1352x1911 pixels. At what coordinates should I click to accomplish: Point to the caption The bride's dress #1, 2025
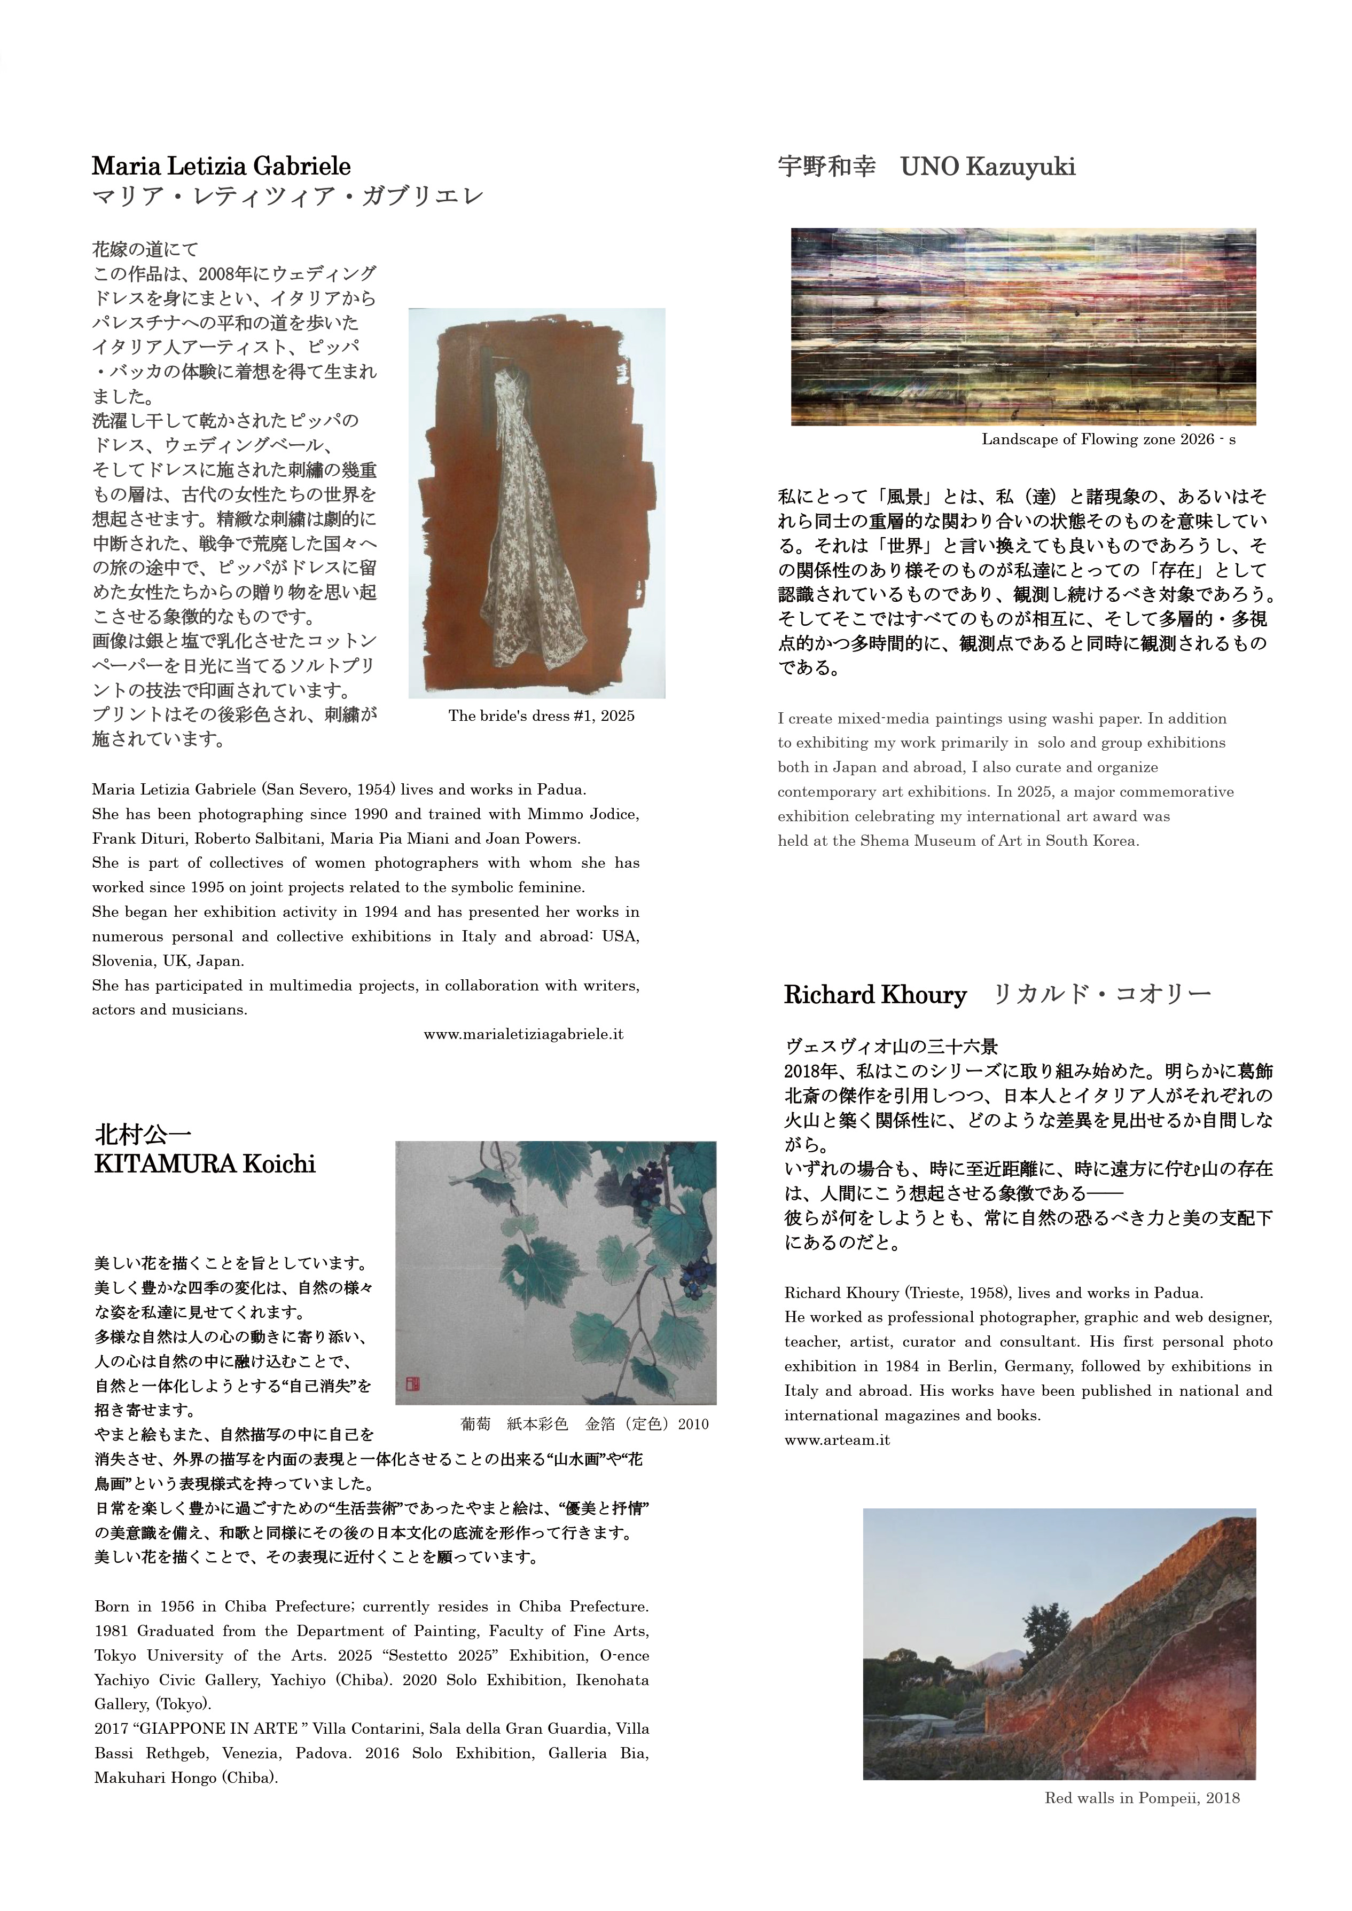[x=541, y=716]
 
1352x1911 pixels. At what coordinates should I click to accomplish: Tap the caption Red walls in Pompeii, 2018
[x=1142, y=1798]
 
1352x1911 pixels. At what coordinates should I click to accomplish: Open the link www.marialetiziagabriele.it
[x=523, y=1035]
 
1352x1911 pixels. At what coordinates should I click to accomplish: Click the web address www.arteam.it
[x=837, y=1440]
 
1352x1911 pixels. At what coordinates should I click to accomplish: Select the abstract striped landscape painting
[x=1023, y=326]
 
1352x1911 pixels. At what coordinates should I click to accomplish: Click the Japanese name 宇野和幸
[x=827, y=167]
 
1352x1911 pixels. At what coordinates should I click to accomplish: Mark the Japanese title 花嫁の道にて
[x=146, y=249]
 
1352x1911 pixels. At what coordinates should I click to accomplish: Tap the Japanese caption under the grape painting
[x=584, y=1424]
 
